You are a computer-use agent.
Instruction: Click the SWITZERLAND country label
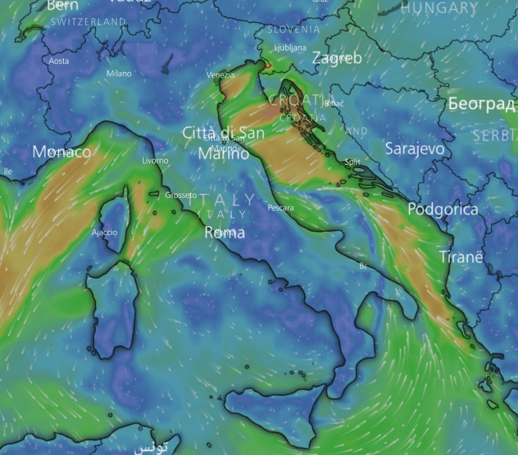87,23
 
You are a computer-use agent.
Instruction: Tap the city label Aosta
58,61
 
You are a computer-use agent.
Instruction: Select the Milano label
119,74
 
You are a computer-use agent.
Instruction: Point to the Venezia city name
220,75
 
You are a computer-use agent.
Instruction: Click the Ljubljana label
290,48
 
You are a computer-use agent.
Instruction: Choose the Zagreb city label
336,58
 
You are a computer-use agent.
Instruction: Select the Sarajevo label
414,148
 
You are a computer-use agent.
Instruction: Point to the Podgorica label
443,209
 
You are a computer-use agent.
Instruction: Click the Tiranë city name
461,257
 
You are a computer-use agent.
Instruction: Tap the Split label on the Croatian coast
352,162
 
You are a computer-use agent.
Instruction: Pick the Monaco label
61,153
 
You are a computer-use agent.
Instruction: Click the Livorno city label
155,160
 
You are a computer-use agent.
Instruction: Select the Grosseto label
181,195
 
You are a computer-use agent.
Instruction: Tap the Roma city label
224,232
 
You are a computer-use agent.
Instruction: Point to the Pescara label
280,208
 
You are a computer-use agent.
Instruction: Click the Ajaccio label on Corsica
104,232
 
